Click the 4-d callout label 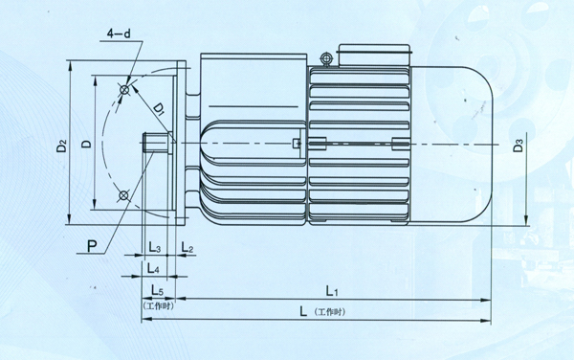pos(119,34)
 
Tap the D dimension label pos(87,144)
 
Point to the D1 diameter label pos(159,109)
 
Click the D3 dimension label pos(518,145)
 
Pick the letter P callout pos(92,246)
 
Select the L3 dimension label pos(154,248)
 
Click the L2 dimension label pos(188,248)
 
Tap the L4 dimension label pos(153,268)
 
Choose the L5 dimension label pos(158,290)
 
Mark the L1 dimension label pos(332,291)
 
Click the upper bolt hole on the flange pos(124,90)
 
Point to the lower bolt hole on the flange pos(123,196)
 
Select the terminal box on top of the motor pos(374,56)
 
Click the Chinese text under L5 pos(158,305)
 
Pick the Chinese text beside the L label pos(329,312)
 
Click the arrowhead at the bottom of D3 pos(525,220)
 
